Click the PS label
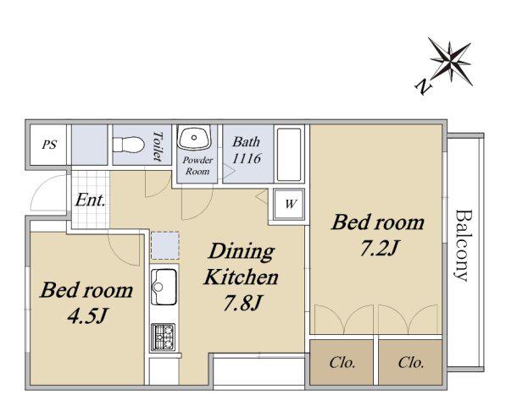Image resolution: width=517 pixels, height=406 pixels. coord(49,145)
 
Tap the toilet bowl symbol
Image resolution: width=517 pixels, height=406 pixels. coord(129,145)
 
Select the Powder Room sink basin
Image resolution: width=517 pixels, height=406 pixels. coord(194,137)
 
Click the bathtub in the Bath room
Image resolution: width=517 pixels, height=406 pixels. coord(289,154)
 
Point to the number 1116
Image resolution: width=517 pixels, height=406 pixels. coord(247,158)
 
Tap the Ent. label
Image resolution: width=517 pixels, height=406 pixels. coord(91,200)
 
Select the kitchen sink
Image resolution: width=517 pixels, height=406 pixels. coord(164,287)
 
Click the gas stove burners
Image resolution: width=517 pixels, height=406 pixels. coord(164,337)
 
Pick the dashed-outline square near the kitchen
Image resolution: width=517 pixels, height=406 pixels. coord(165,245)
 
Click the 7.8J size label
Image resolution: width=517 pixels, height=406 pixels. coord(242,303)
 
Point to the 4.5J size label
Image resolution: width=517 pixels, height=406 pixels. coord(86,315)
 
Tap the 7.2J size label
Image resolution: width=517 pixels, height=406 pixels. coord(379,248)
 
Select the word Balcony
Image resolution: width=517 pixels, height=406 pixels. coord(461,245)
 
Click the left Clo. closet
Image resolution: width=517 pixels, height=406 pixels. coord(342,362)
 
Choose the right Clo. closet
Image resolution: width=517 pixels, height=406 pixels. coord(410,362)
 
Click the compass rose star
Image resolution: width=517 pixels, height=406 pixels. coord(450,62)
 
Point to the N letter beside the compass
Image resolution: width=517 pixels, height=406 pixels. coord(423,87)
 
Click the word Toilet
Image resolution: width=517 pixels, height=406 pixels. coord(158,146)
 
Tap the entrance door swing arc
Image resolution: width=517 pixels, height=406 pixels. coord(43,189)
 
